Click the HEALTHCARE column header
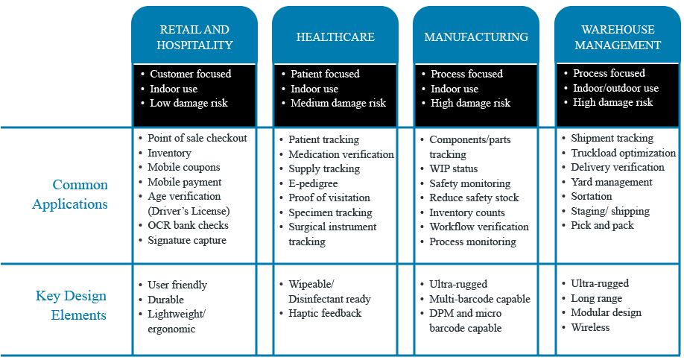coord(335,37)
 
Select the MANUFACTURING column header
coord(476,37)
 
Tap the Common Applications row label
coord(70,195)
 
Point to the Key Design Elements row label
coord(71,305)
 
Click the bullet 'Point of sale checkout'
coord(197,138)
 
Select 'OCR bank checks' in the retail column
coord(188,225)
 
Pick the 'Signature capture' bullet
coord(187,240)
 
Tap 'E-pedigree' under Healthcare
coord(313,183)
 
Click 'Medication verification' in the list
coord(341,154)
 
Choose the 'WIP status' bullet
coord(453,168)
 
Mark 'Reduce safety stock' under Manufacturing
coord(474,198)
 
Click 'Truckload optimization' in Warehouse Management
coord(624,153)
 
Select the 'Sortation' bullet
coord(592,196)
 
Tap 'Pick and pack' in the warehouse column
coord(603,225)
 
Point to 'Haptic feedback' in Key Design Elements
coord(325,313)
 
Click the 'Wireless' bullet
coord(590,327)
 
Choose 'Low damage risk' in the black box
coord(189,103)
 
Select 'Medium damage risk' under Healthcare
coord(338,103)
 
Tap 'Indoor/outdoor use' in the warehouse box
coord(615,88)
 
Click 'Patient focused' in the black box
coord(325,74)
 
